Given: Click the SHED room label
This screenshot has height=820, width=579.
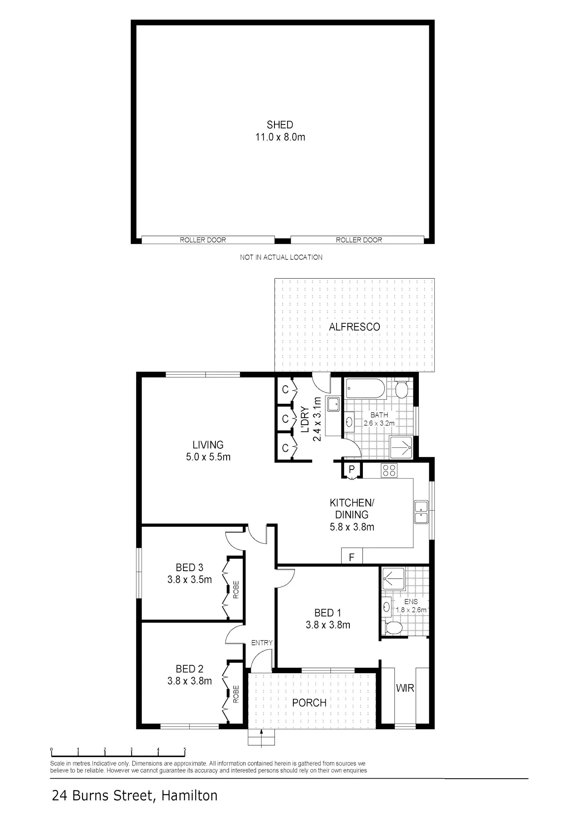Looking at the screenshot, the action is click(x=280, y=125).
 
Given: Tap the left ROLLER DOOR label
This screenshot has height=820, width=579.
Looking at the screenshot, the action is click(x=203, y=240).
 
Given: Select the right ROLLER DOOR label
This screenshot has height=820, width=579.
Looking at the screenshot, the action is click(x=359, y=240).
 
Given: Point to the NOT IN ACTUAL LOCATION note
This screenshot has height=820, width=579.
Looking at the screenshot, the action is click(x=281, y=257).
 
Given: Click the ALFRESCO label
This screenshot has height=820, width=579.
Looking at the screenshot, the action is click(x=354, y=327).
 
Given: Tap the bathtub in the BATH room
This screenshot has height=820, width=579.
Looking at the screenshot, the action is click(x=366, y=388).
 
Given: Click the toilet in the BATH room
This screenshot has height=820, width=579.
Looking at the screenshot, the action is click(x=402, y=388).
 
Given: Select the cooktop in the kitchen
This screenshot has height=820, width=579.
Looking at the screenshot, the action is click(x=389, y=470).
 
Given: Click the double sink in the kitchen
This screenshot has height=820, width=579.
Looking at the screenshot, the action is click(x=422, y=512).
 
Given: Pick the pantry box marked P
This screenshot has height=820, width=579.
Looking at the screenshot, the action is click(x=351, y=470).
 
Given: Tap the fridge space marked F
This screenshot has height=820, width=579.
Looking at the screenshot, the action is click(x=352, y=557).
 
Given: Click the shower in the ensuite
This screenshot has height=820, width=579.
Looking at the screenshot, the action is click(x=393, y=578).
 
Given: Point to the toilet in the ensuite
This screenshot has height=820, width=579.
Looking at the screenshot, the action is click(x=393, y=628).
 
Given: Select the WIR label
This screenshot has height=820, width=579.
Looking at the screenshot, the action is click(x=405, y=688).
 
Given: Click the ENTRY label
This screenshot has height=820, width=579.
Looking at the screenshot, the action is click(x=262, y=643).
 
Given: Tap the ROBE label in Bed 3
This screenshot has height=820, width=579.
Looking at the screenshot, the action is click(x=236, y=590).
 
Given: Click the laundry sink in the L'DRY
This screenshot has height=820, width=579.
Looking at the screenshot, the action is click(x=333, y=405).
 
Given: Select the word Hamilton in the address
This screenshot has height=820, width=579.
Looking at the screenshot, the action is click(x=190, y=796).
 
